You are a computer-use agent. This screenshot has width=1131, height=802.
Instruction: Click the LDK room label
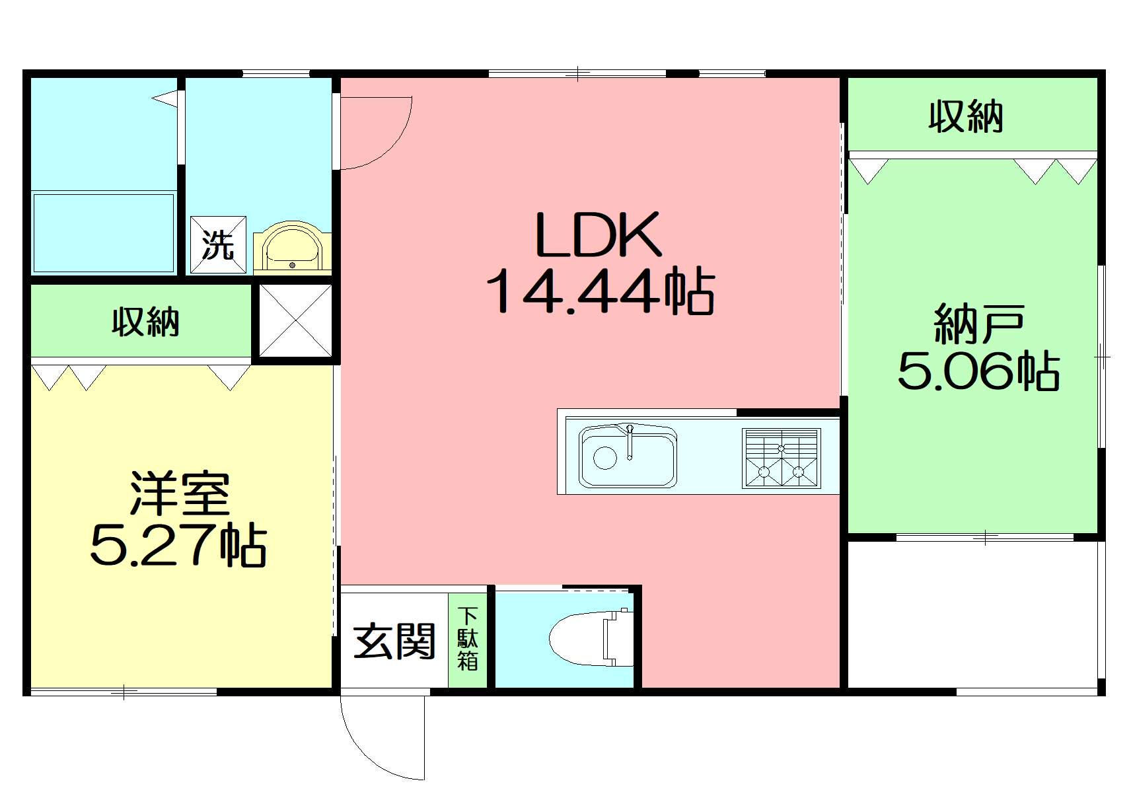[598, 235]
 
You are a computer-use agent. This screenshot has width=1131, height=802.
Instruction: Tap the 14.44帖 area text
[600, 293]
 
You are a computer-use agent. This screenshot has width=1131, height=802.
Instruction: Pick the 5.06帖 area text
[978, 371]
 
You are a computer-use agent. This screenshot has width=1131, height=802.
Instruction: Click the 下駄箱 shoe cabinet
[468, 639]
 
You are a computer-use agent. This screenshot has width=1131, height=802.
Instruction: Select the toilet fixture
[591, 638]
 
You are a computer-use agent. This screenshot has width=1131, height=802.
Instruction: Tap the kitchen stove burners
[781, 458]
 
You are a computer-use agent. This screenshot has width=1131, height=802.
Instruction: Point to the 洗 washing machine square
[218, 245]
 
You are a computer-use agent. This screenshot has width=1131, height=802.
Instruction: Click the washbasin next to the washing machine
[293, 248]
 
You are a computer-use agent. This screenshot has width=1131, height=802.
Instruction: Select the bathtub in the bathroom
[104, 233]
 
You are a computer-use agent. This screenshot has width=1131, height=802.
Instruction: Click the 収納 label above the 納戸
[966, 117]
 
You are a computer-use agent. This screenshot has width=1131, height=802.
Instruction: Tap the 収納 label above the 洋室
[145, 322]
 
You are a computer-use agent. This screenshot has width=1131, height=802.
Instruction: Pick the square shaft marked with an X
[295, 320]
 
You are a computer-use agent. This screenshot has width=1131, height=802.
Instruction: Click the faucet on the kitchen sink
[630, 442]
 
